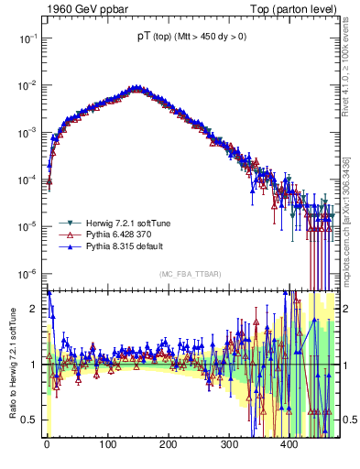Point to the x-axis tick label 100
point(107,446)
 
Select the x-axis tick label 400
point(289,446)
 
